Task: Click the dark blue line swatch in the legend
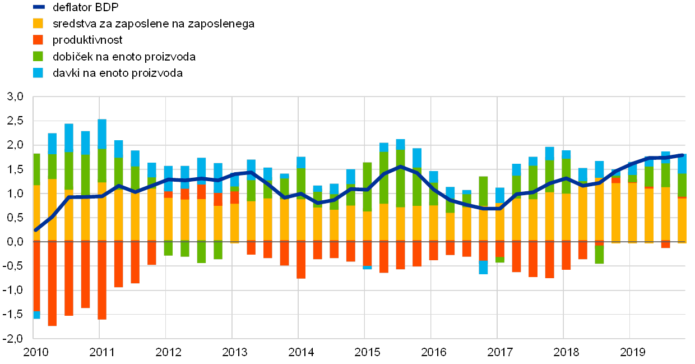coord(39,7)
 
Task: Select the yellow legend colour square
coord(39,24)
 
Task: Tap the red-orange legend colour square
coord(39,40)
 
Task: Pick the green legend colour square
coord(39,57)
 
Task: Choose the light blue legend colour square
coord(39,73)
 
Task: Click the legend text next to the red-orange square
coord(87,40)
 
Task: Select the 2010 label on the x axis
coord(35,352)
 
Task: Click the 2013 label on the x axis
coord(234,352)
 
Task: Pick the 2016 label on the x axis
coord(433,352)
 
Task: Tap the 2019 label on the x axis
coord(632,352)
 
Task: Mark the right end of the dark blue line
coord(682,155)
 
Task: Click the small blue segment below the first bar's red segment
coord(36,315)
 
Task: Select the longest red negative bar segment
coord(52,283)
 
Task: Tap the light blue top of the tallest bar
coord(102,133)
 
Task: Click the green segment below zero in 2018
coord(599,255)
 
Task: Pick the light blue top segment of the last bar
coord(682,164)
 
